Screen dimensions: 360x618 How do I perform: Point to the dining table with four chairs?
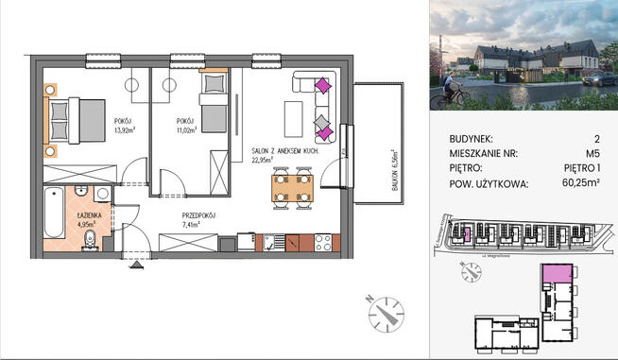[291, 186]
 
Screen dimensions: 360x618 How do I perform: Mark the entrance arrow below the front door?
[139, 266]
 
